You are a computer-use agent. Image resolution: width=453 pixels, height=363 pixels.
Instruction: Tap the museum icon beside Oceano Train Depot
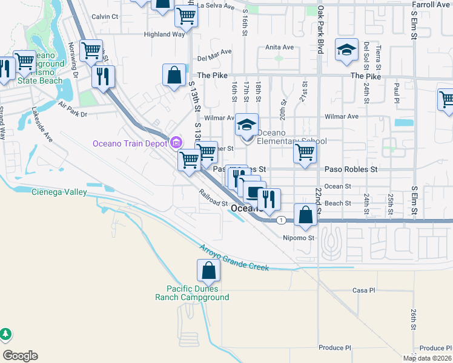(x=176, y=143)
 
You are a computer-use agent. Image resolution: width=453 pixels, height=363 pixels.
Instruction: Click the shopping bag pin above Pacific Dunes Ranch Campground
(x=208, y=272)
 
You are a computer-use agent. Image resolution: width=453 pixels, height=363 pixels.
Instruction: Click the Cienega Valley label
(x=59, y=192)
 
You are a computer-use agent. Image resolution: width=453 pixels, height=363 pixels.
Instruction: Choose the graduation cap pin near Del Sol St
(x=346, y=51)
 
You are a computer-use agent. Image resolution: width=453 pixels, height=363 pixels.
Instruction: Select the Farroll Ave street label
(x=430, y=5)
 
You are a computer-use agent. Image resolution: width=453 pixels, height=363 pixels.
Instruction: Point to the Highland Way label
(x=164, y=34)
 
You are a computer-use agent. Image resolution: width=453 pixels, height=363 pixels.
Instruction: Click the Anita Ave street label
(x=279, y=47)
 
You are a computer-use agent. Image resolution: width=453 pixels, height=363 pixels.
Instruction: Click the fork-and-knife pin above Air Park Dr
(x=103, y=77)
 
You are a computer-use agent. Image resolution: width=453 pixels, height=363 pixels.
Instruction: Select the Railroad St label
(x=213, y=198)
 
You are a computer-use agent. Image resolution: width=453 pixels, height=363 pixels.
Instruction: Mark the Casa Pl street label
(x=363, y=290)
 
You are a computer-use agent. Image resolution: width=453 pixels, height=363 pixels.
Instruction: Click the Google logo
(x=20, y=356)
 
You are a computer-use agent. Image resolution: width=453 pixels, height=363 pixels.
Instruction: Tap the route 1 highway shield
(x=281, y=220)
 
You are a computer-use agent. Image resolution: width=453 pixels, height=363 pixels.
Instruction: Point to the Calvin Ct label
(x=104, y=16)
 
